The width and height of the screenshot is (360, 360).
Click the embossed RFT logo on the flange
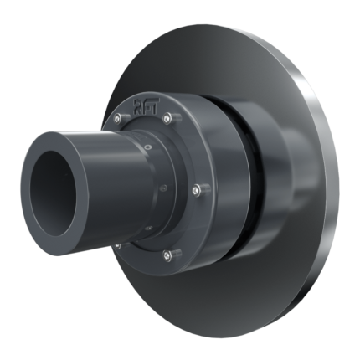click(x=147, y=106)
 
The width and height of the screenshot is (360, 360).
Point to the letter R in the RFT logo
click(x=138, y=106)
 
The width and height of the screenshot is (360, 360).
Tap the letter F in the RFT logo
click(x=147, y=106)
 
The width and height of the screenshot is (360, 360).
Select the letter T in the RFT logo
click(x=154, y=105)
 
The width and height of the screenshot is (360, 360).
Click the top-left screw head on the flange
click(x=117, y=119)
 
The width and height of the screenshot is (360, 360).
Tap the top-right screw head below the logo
click(x=167, y=118)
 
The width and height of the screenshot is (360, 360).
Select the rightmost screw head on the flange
click(x=196, y=191)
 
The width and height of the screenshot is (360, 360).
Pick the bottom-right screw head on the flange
click(x=167, y=255)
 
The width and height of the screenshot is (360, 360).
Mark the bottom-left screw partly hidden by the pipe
click(x=118, y=245)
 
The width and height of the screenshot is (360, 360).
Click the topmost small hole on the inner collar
click(x=148, y=146)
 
